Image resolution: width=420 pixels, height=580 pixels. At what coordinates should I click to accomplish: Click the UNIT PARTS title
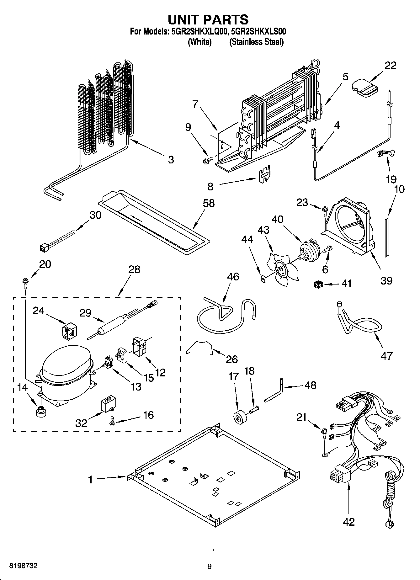(208, 19)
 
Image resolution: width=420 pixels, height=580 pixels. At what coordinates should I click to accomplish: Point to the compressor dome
(66, 361)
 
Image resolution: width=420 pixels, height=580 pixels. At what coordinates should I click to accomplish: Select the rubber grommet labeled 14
(40, 411)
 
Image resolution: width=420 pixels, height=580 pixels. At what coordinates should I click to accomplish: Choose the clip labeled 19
(385, 154)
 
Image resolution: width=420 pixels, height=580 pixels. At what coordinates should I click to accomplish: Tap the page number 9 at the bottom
(210, 566)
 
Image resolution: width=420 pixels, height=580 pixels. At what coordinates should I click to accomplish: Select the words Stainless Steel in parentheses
(256, 42)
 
